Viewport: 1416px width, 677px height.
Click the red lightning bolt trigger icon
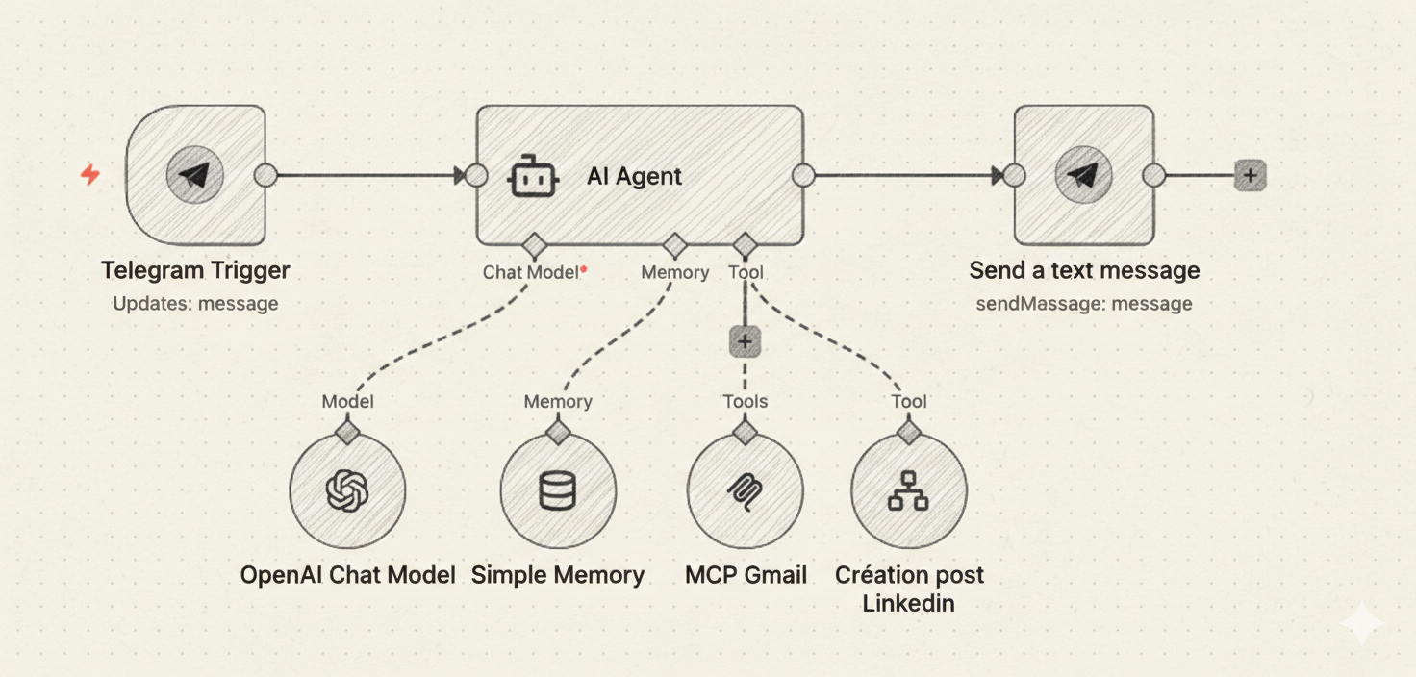coord(90,174)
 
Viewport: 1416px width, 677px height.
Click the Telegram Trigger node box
coord(196,176)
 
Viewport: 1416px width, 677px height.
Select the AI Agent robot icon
coord(534,177)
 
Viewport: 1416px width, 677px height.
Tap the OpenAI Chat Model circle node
coord(347,491)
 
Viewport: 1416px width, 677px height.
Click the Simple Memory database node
coord(558,491)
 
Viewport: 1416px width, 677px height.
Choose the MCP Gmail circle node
coord(745,491)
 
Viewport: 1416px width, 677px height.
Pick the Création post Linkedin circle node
coord(908,491)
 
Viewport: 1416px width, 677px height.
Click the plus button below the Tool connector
coord(745,341)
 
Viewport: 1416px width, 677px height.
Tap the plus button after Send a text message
coord(1250,176)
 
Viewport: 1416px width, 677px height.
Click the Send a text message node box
coord(1083,176)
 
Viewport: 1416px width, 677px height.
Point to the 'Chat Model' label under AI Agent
coord(530,272)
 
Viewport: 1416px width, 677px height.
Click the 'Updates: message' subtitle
coord(195,304)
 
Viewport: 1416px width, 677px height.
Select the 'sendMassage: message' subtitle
coord(1083,304)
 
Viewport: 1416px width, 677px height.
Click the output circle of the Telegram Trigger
coord(265,176)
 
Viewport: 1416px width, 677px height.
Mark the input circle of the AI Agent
coord(476,176)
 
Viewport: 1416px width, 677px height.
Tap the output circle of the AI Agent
coord(803,176)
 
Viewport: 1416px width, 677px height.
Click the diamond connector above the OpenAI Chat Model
coord(347,430)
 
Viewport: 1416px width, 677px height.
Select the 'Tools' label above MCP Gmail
coord(745,401)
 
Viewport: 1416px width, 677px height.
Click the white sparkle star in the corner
coord(1362,624)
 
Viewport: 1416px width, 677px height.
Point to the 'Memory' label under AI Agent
coord(674,272)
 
